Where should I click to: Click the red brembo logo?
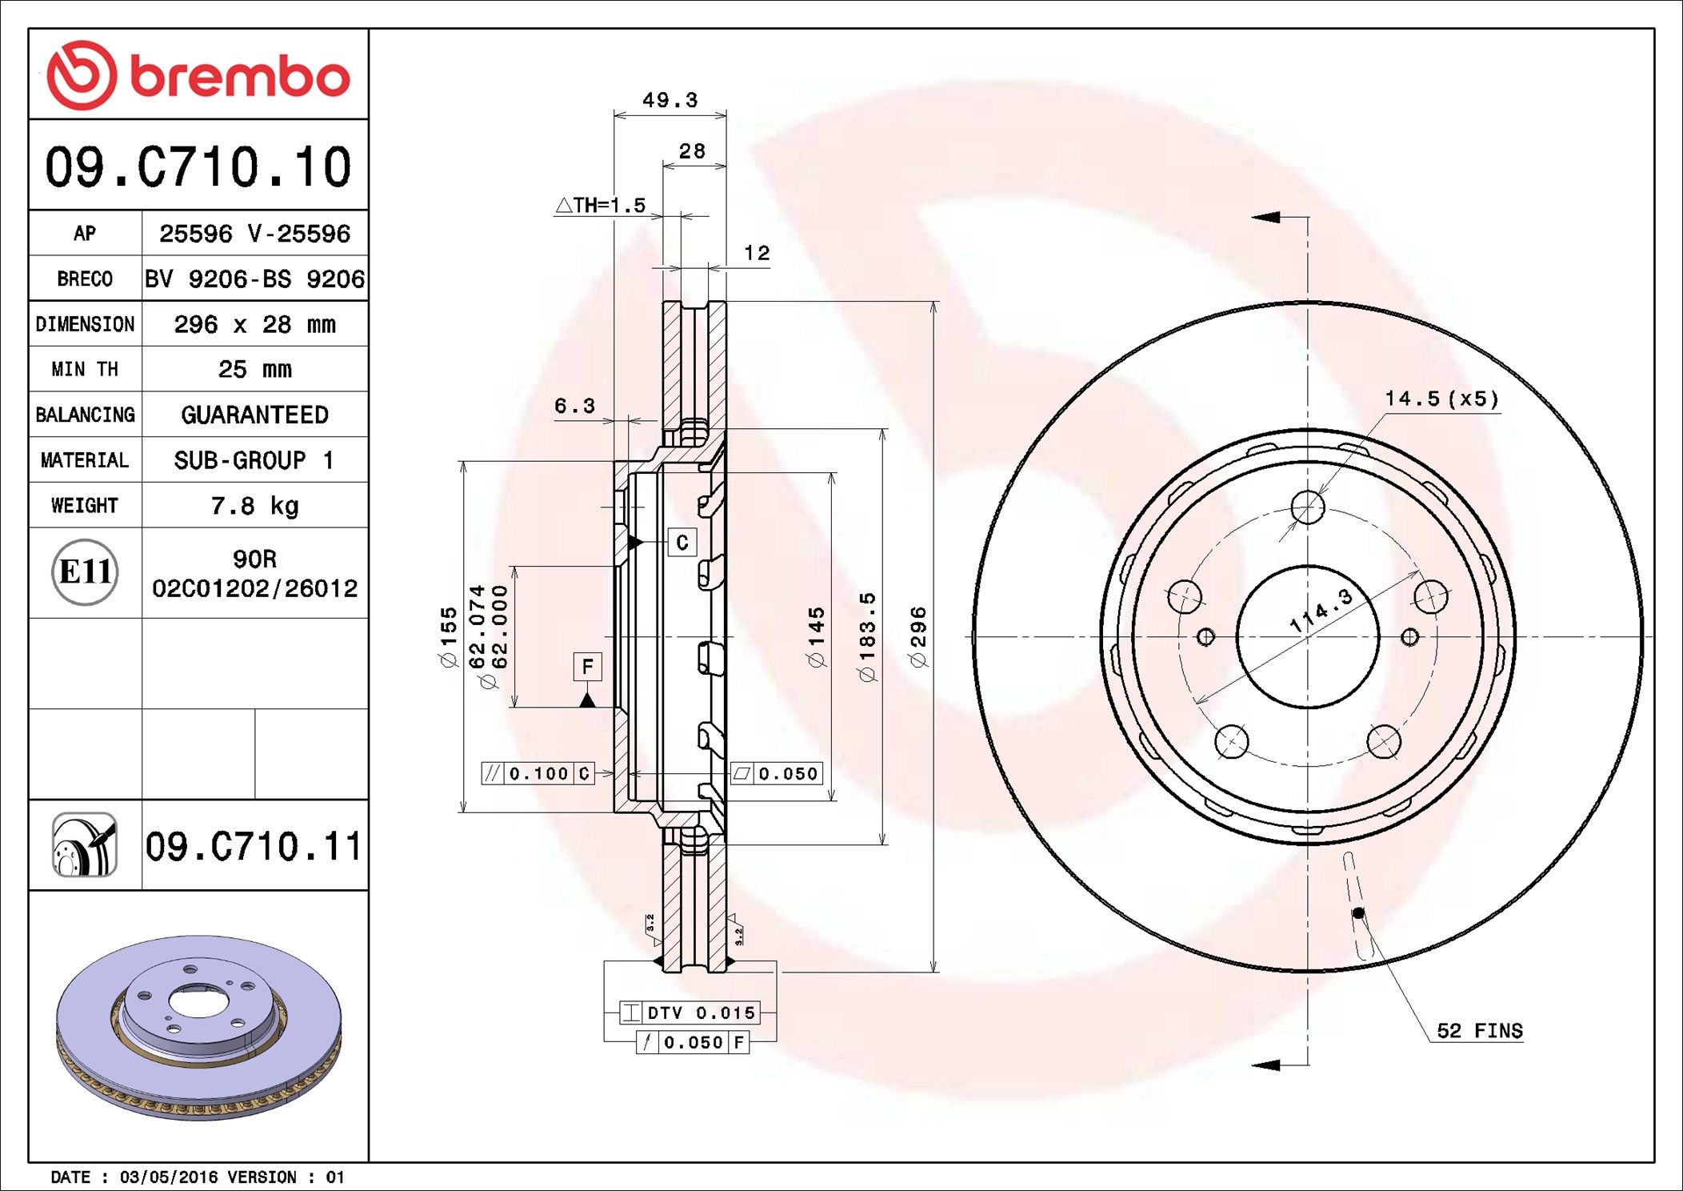tap(198, 75)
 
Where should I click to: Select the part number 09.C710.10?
tap(198, 167)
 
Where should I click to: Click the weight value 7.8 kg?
tap(254, 506)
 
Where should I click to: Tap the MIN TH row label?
tap(85, 369)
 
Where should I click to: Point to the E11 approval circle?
tap(85, 572)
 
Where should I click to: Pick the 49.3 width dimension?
tap(670, 101)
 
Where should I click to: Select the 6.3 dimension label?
tap(574, 407)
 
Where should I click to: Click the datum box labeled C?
tap(682, 543)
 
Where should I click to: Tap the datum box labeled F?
tap(587, 667)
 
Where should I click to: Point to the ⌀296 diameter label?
tap(918, 636)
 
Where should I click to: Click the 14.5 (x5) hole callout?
tap(1441, 399)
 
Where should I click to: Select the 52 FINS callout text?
tap(1479, 1031)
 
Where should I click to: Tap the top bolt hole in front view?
tap(1308, 507)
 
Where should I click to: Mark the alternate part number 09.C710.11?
tap(254, 846)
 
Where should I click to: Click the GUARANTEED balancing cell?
tap(254, 415)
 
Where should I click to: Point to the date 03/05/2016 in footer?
tap(169, 1177)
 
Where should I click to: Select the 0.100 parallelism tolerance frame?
tap(538, 774)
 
